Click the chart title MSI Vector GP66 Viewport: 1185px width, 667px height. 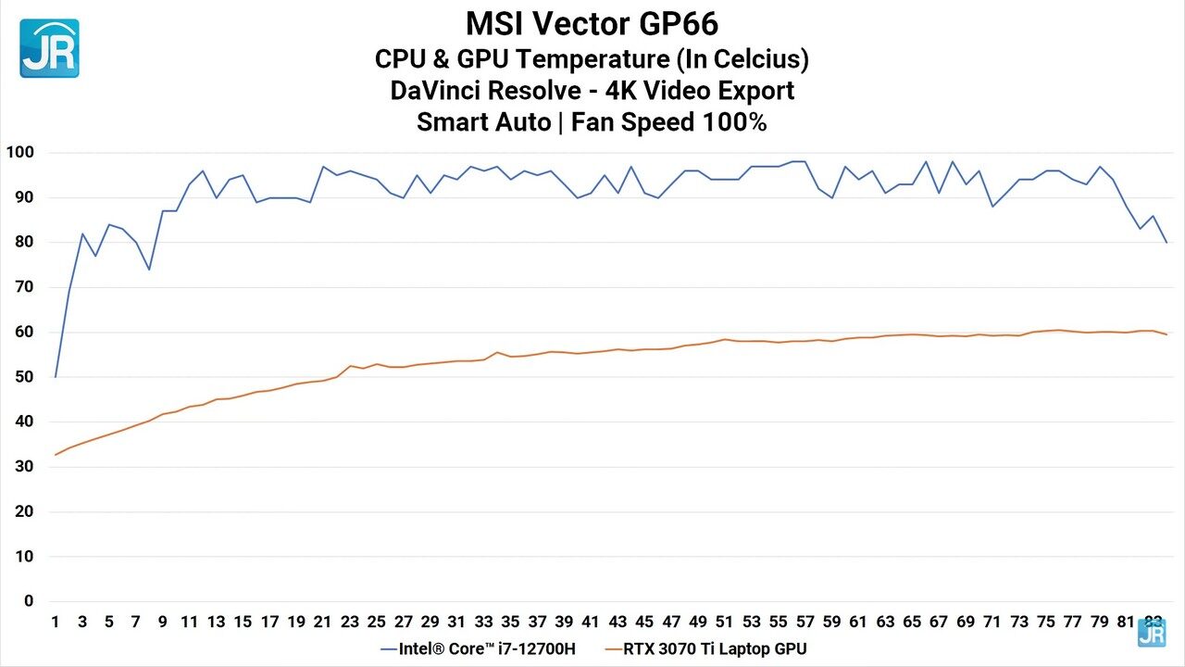[592, 23]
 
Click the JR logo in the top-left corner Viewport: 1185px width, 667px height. [49, 48]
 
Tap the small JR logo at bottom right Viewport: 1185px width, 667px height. [1151, 633]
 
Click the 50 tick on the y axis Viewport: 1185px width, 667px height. [22, 377]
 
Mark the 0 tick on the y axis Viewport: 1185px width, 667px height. [29, 601]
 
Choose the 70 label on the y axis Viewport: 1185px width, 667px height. [22, 287]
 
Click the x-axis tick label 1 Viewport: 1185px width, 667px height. [56, 622]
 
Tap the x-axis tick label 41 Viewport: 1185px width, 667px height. [591, 622]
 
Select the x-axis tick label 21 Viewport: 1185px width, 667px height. [323, 622]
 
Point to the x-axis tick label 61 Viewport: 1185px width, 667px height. [858, 622]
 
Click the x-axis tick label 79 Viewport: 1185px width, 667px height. [1099, 622]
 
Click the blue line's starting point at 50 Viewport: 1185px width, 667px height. [56, 377]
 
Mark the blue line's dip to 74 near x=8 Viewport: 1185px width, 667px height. [149, 270]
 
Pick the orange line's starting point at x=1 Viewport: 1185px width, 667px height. [56, 455]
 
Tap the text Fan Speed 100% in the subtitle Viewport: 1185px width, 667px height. [668, 122]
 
